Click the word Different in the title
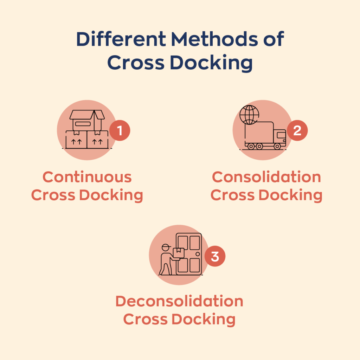[121, 39]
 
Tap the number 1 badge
[120, 130]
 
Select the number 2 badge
[297, 130]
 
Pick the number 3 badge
[215, 256]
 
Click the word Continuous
[87, 177]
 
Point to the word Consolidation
[266, 177]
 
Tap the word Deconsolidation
[179, 301]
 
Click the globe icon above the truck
[249, 115]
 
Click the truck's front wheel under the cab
[277, 146]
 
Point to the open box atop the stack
[87, 121]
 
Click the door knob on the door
[198, 254]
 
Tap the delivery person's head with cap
[166, 247]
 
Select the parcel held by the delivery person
[179, 253]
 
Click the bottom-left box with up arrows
[76, 140]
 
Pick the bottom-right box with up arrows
[98, 140]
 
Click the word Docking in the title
[211, 63]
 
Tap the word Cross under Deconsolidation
[145, 319]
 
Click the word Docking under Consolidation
[291, 195]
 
